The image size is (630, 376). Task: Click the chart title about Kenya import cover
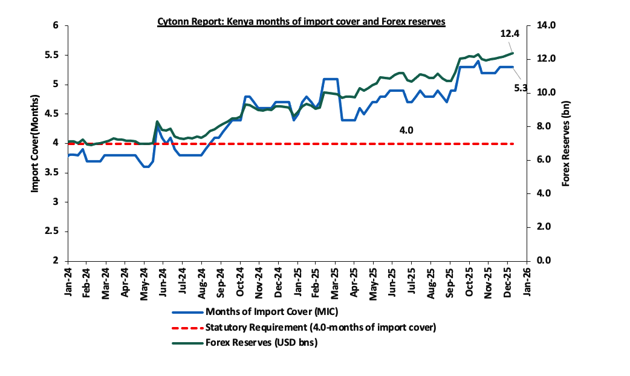point(301,21)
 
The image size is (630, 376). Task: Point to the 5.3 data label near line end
point(521,88)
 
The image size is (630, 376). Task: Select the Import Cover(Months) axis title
point(35,143)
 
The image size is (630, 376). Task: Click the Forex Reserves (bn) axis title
point(566,143)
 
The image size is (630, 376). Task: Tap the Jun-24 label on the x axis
point(162,280)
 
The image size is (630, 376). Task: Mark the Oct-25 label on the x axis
point(469,280)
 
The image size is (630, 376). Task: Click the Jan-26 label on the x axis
point(526,280)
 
